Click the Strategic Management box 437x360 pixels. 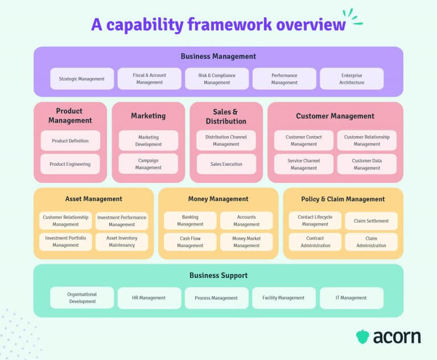[82, 79]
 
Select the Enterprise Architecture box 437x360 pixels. [352, 79]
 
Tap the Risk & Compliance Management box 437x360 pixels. [217, 79]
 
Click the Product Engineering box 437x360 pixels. [70, 164]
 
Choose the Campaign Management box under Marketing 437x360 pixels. [148, 164]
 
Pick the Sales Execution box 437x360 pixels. [226, 164]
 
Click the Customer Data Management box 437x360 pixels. [366, 164]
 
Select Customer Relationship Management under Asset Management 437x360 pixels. [65, 221]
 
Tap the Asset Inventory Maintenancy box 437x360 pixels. [121, 242]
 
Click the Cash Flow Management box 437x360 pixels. [190, 242]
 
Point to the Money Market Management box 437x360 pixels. [246, 242]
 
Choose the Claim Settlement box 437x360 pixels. [371, 221]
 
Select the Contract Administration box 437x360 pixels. [315, 242]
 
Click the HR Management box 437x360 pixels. [149, 298]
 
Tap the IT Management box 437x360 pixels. [352, 298]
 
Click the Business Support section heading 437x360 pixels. [218, 276]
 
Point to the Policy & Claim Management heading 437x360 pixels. [343, 199]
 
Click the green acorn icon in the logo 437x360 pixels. [362, 337]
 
